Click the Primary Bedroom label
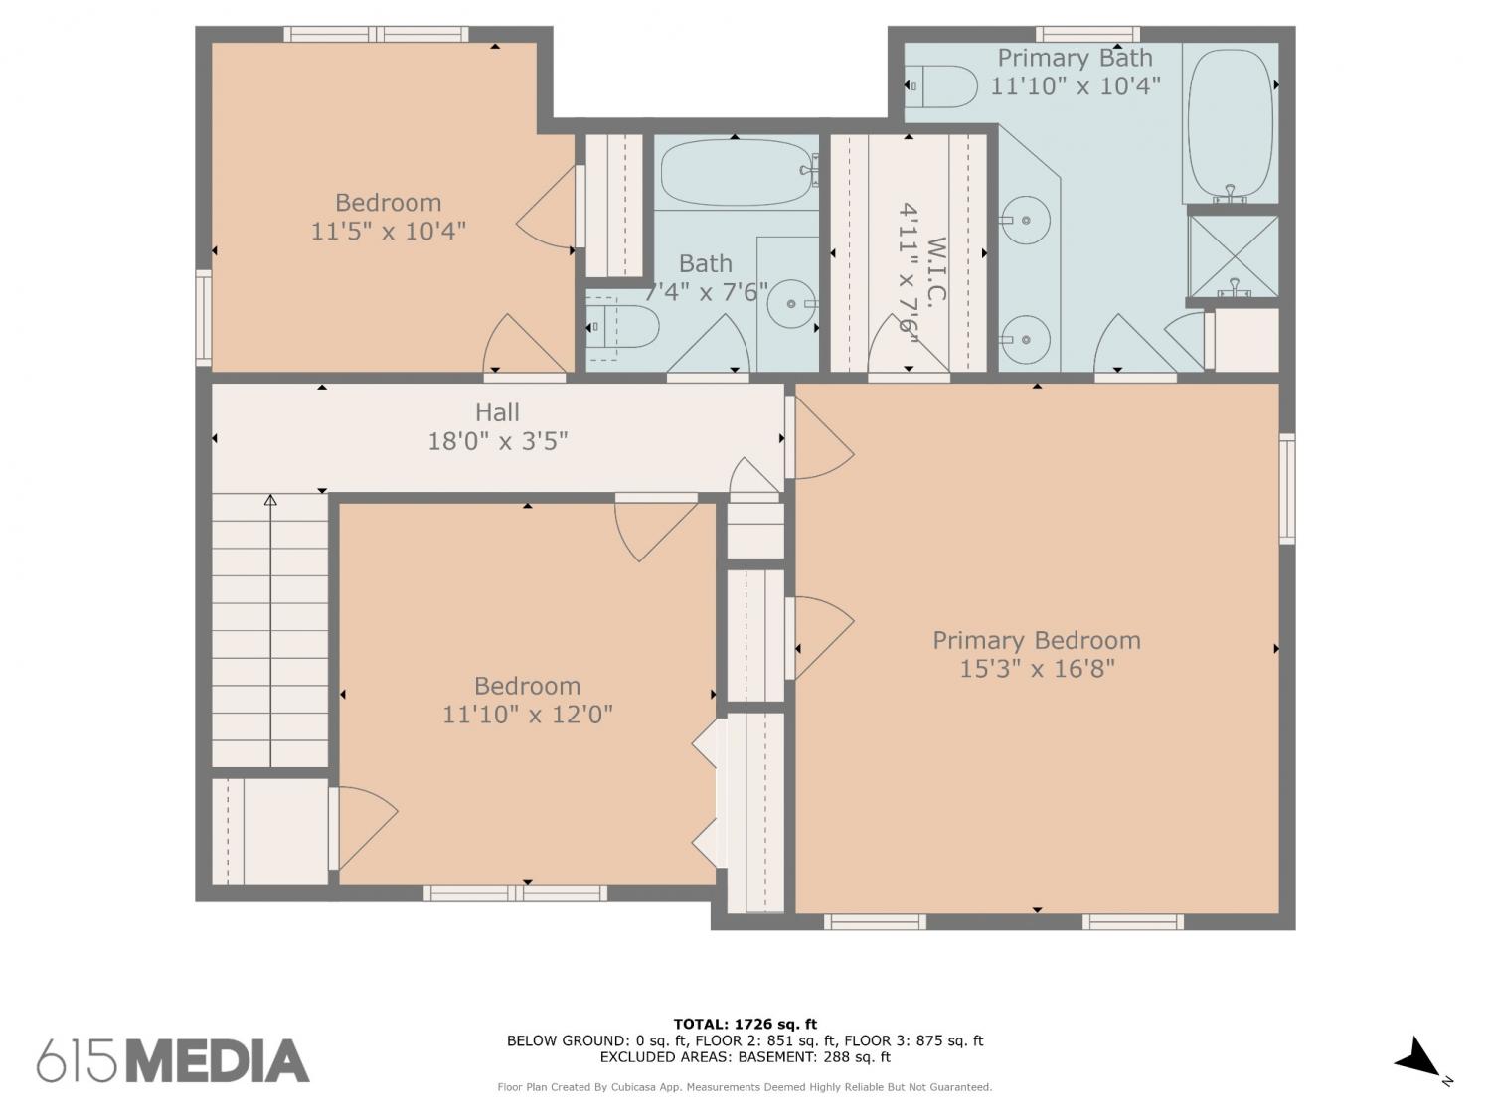tap(1036, 640)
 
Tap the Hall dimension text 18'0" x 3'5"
tap(497, 441)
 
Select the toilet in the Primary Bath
tap(940, 86)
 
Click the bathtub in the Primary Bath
tap(1231, 123)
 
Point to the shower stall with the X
tap(1233, 256)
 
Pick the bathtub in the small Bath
tap(737, 172)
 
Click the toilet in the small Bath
tap(622, 327)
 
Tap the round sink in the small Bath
tap(791, 303)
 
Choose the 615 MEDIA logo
tap(173, 1060)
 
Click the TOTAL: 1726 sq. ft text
tap(745, 1024)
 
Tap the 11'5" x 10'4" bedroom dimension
tap(388, 231)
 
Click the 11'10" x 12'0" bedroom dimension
tap(527, 715)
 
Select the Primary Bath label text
tap(1075, 59)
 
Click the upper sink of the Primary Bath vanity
tap(1025, 220)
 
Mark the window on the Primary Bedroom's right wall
tap(1287, 489)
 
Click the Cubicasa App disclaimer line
tap(745, 1087)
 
